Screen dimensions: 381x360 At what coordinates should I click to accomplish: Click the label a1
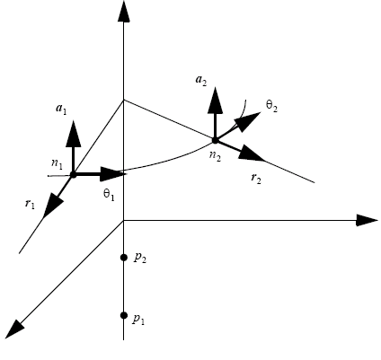coord(61,110)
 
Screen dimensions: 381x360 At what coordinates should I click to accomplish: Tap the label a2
coord(201,81)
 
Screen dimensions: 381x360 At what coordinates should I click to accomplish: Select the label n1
coord(57,163)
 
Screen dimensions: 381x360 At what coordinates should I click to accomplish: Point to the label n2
coord(215,156)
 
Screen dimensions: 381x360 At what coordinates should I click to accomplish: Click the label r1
coord(30,204)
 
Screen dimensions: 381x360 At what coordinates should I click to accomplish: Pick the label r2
coord(256,179)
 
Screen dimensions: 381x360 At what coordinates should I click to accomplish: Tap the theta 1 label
coord(109,195)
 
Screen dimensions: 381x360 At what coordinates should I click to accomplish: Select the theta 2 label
coord(271,106)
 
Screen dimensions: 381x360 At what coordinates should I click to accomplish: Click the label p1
coord(138,320)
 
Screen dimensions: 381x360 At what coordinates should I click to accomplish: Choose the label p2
coord(140,258)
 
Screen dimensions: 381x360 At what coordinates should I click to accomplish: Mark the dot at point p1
coord(124,315)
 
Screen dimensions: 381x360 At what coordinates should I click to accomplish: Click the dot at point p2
coord(124,258)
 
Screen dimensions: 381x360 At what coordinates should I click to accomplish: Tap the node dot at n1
coord(73,175)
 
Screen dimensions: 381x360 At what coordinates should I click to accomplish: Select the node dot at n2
coord(215,140)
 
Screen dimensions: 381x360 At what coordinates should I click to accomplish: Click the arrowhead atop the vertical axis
coord(124,12)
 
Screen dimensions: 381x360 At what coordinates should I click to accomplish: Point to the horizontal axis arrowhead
coord(368,221)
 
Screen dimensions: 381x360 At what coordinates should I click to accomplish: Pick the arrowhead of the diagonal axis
coord(14,329)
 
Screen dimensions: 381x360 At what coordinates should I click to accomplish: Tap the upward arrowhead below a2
coord(215,101)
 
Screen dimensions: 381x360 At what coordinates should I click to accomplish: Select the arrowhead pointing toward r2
coord(252,154)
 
